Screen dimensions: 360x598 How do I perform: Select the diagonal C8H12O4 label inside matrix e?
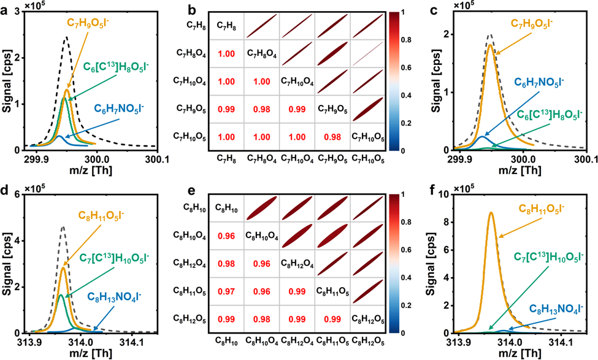pyautogui.click(x=297, y=262)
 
